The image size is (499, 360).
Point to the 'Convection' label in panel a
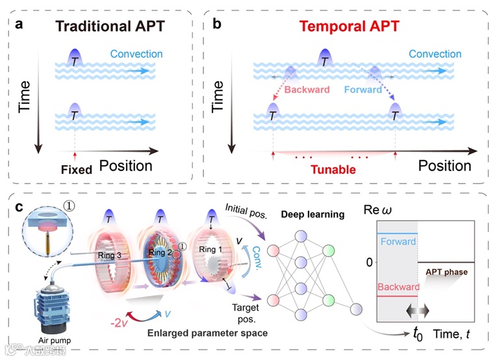(x=136, y=54)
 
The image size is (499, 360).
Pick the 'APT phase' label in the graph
(x=447, y=272)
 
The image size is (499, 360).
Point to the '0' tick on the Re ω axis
(x=367, y=262)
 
